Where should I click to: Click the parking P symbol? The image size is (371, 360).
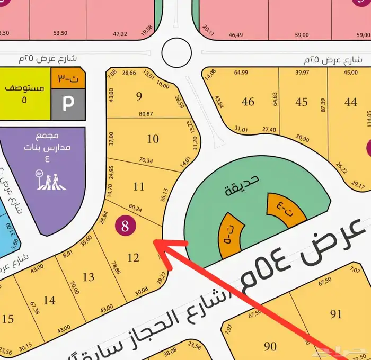pos(68,104)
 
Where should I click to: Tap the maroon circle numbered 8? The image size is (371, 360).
pos(125,226)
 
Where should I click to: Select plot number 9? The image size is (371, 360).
pos(139,96)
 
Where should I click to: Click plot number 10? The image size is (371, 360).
pos(153,139)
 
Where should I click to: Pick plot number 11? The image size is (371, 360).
pos(139,186)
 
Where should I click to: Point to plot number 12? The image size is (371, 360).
pos(134,258)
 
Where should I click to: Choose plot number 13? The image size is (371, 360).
pos(89,277)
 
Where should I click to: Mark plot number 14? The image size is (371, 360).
pos(49,300)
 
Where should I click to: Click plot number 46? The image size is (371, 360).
pos(248,101)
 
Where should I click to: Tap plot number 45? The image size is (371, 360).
pos(302,101)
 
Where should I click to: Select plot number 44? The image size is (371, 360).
pos(350,101)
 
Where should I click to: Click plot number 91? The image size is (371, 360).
pos(336,314)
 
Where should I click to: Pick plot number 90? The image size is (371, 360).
pos(270,346)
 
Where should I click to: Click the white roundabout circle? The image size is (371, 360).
pos(176,51)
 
